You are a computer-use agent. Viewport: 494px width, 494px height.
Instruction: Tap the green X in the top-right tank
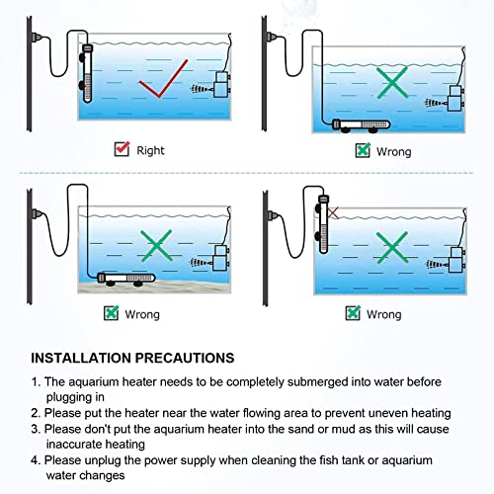point(394,83)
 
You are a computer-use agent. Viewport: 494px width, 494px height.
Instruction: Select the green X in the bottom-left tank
point(155,243)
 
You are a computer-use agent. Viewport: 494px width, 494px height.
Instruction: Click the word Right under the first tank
point(151,150)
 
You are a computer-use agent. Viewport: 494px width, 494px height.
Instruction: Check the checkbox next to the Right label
point(123,149)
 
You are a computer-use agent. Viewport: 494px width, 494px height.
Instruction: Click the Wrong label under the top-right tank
point(392,151)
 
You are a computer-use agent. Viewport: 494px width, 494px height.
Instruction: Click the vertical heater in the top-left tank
point(87,80)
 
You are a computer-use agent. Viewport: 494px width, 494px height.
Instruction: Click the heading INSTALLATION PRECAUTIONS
point(132,357)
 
